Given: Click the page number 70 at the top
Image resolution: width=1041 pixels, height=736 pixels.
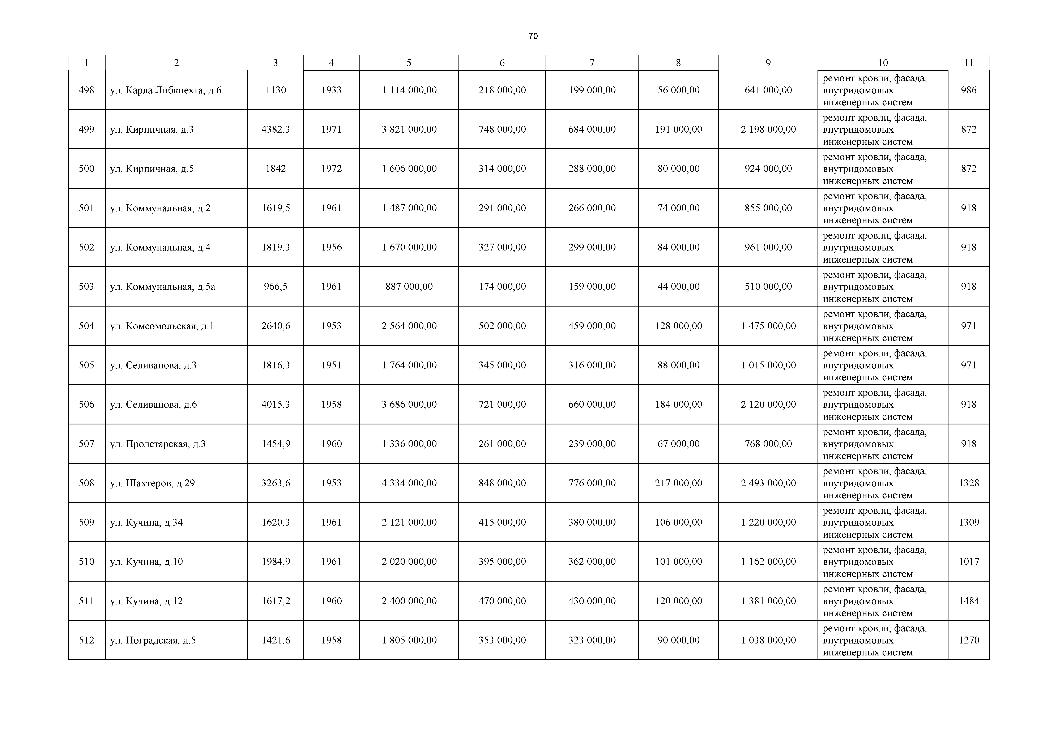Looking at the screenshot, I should (533, 36).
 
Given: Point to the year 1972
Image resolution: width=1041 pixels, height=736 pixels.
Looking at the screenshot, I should (331, 169).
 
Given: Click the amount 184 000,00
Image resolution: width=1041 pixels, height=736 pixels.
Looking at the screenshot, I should (678, 404).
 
